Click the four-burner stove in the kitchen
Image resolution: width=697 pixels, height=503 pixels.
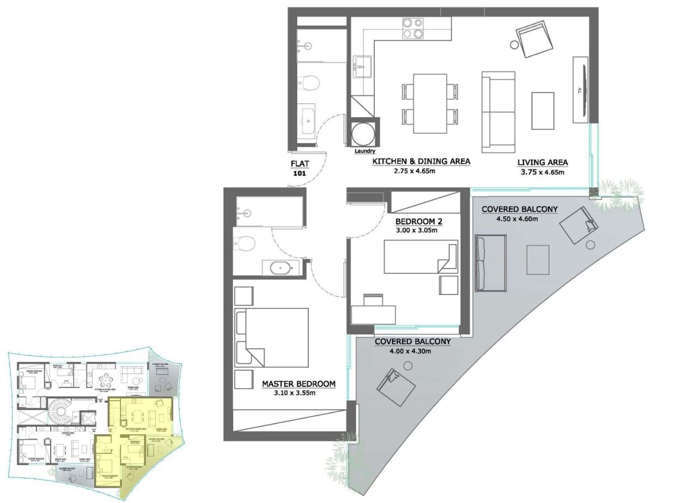[x=413, y=28]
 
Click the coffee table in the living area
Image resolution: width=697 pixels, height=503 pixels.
[x=542, y=111]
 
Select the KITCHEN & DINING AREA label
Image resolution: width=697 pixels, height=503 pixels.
[x=421, y=162]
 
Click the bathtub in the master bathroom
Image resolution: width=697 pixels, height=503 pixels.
[x=281, y=268]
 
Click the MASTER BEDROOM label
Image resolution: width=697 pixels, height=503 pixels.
[x=298, y=384]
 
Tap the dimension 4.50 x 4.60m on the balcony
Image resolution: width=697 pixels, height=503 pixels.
[x=517, y=219]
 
